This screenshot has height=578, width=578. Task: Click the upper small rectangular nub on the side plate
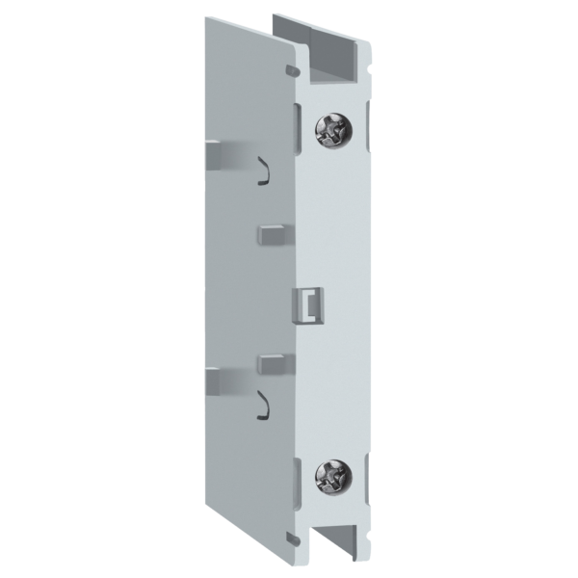click(271, 233)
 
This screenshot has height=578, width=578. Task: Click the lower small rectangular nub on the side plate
click(271, 363)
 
